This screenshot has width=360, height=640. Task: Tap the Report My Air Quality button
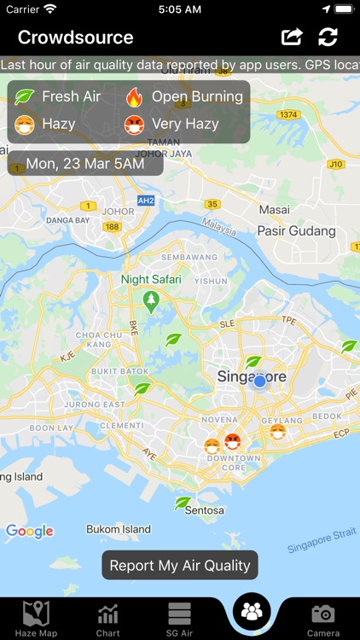[180, 565]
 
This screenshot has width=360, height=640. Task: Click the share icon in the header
[292, 37]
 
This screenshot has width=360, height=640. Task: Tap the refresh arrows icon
[328, 37]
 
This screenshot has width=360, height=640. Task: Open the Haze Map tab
[36, 618]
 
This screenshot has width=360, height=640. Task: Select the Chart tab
[107, 618]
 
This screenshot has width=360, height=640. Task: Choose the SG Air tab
[179, 618]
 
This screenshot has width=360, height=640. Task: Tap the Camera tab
[322, 618]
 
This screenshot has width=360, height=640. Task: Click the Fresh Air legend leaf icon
[26, 96]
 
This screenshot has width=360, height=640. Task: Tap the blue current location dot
[260, 381]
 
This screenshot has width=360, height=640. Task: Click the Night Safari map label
[152, 279]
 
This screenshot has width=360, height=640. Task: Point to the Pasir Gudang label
[297, 231]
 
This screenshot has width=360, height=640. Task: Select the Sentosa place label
[206, 510]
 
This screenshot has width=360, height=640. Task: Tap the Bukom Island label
[119, 529]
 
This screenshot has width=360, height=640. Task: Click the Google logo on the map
[30, 532]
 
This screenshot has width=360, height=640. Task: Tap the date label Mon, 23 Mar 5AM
[85, 163]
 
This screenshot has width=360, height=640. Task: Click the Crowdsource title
[75, 38]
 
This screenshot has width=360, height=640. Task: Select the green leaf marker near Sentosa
[183, 503]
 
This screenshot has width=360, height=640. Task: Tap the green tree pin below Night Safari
[152, 301]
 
